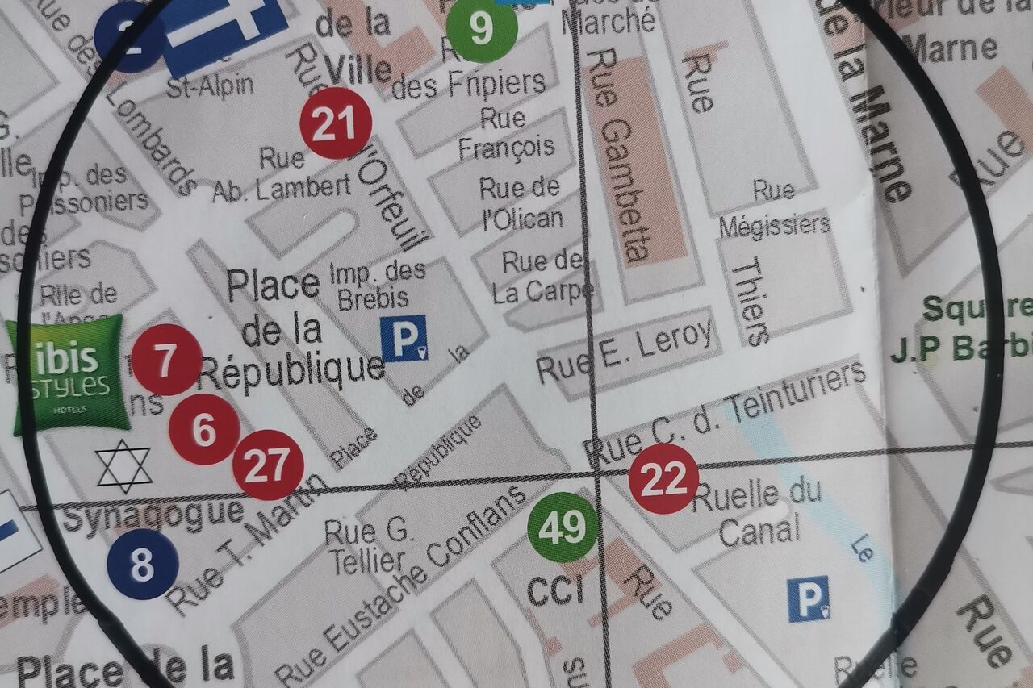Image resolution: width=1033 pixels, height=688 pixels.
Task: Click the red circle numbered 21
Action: pos(335,123)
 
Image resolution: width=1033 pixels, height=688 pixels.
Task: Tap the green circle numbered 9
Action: pos(482,28)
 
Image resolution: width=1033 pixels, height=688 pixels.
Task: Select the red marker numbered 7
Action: pos(166,361)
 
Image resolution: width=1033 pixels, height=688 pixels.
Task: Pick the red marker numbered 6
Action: pos(204,430)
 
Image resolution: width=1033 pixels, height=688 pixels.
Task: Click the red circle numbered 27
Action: pos(268,465)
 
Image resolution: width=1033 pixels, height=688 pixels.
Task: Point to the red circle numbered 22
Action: pos(663,478)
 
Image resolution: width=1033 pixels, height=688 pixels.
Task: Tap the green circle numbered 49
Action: pos(563,527)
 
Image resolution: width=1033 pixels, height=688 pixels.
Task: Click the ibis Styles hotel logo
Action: pos(68,374)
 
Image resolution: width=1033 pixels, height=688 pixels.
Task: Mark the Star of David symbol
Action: pos(123,467)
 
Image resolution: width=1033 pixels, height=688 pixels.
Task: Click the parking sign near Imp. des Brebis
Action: pos(404,338)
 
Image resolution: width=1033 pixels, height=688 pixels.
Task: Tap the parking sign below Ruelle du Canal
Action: pos(809,598)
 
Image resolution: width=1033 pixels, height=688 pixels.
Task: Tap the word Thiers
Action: pos(749,302)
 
